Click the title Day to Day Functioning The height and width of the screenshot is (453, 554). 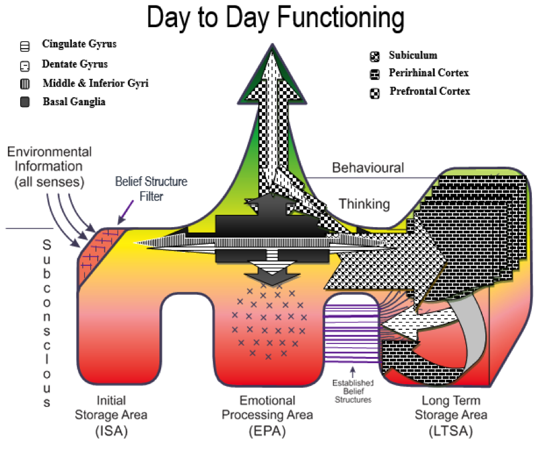[x=275, y=18]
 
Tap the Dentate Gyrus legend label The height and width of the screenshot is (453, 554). [x=74, y=64]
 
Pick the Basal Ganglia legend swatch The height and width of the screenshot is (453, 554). [x=25, y=102]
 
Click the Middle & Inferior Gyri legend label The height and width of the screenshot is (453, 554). [x=95, y=83]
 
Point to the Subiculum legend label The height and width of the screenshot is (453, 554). [x=413, y=55]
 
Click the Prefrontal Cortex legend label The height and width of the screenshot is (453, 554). [x=429, y=91]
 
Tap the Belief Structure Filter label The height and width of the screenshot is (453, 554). [x=151, y=188]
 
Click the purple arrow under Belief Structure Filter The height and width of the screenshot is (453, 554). [x=125, y=212]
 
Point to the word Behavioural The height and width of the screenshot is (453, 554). [x=368, y=167]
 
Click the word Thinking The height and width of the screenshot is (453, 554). [x=364, y=204]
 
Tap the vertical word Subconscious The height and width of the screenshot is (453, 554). [x=47, y=323]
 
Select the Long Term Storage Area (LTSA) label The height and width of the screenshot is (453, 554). [x=451, y=415]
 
